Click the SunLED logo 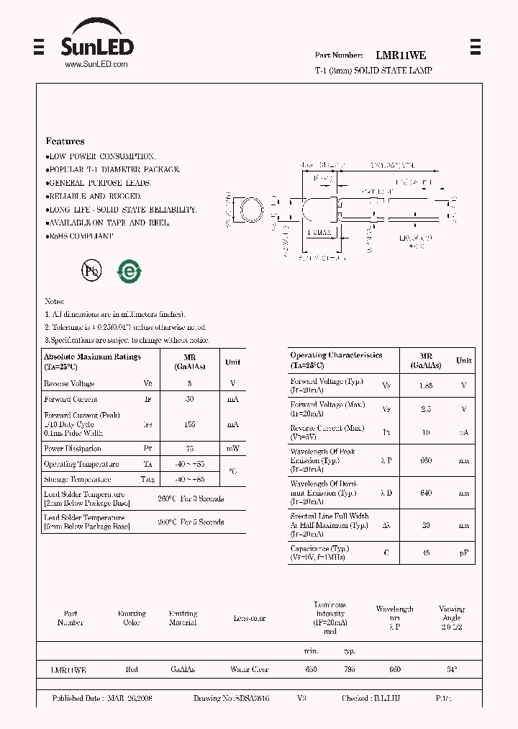pos(97,43)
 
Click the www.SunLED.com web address pos(96,64)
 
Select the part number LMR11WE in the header pos(401,55)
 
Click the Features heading pos(65,141)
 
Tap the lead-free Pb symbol pos(91,271)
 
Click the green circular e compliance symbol pos(130,271)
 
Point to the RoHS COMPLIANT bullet pos(80,236)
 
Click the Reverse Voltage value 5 pos(190,384)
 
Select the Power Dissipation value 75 pos(190,449)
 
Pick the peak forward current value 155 pos(190,424)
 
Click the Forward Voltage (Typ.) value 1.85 pos(426,385)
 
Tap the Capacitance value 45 pos(426,553)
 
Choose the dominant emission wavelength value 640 pos(426,493)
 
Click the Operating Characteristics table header pos(336,360)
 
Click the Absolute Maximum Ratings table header pos(92,361)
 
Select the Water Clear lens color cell pos(249,669)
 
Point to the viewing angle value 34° pos(451,669)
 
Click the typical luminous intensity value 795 pos(349,669)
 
